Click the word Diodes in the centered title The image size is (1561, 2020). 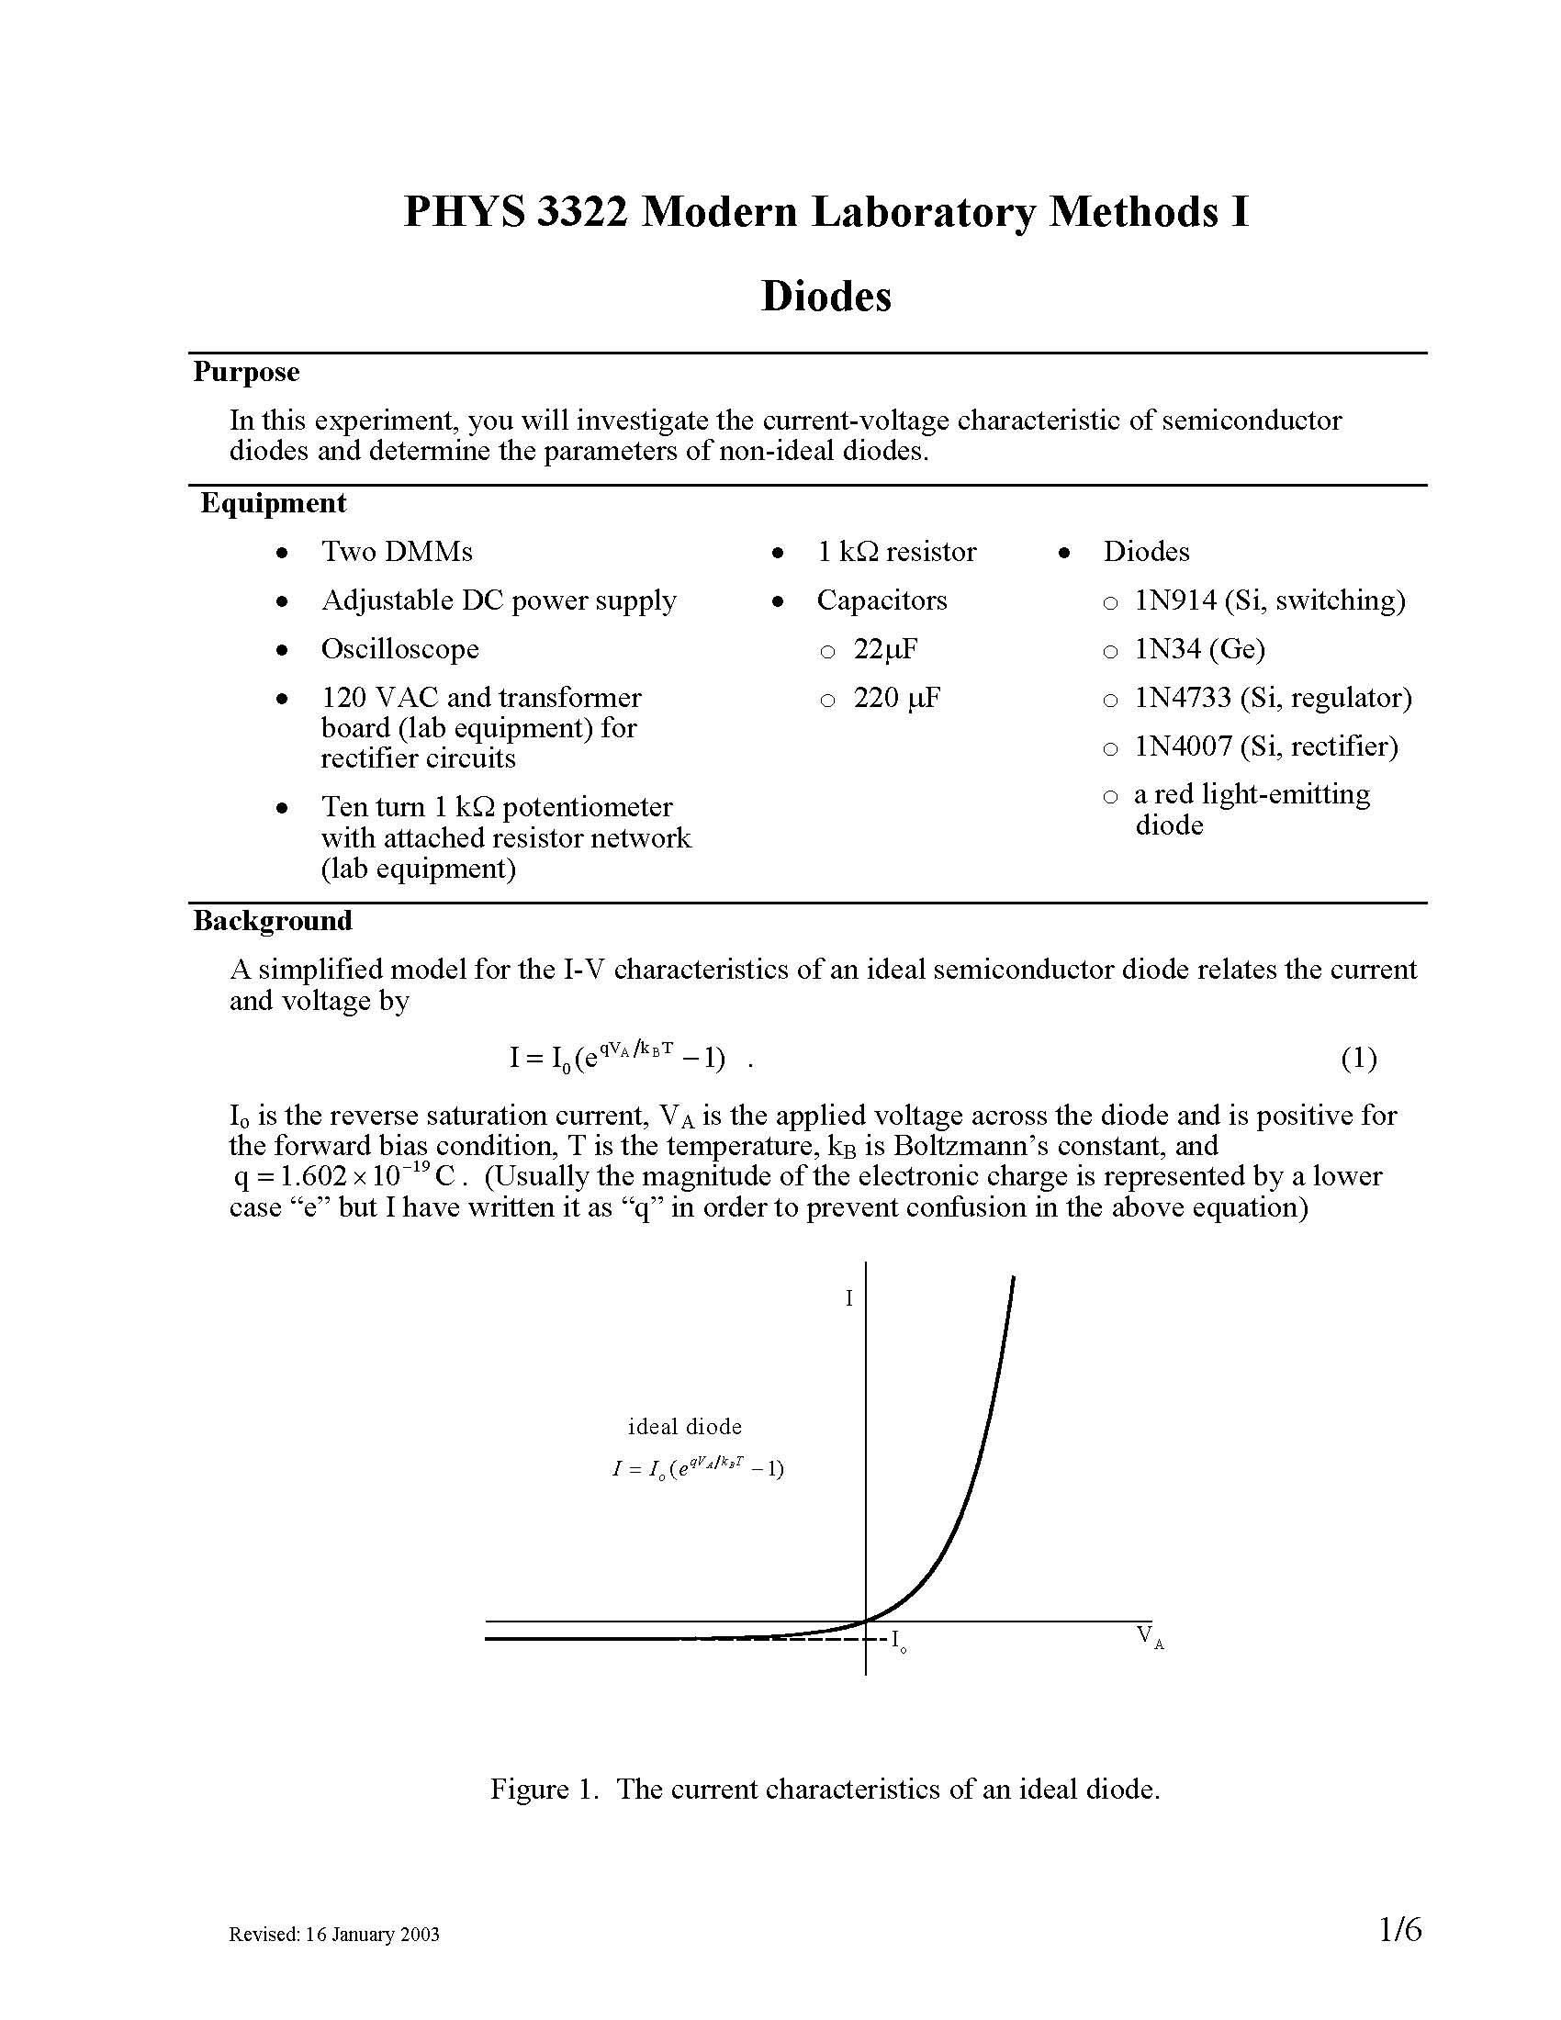click(825, 296)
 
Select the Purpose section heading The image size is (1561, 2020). click(246, 372)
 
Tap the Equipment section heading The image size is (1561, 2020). click(273, 503)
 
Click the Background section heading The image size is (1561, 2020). click(272, 920)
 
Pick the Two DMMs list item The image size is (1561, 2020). click(397, 551)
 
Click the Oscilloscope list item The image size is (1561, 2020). click(399, 648)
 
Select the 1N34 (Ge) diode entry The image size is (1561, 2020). click(1199, 649)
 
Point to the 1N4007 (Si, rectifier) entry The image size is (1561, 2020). click(1266, 746)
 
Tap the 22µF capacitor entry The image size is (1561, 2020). click(885, 649)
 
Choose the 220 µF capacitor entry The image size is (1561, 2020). click(896, 698)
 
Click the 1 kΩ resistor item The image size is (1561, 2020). click(896, 551)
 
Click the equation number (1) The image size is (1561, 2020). click(1358, 1057)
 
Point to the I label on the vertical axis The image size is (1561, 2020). click(849, 1298)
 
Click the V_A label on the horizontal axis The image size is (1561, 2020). click(1150, 1635)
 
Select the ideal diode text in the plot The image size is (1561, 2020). click(684, 1426)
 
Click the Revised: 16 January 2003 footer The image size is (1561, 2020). click(334, 1934)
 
